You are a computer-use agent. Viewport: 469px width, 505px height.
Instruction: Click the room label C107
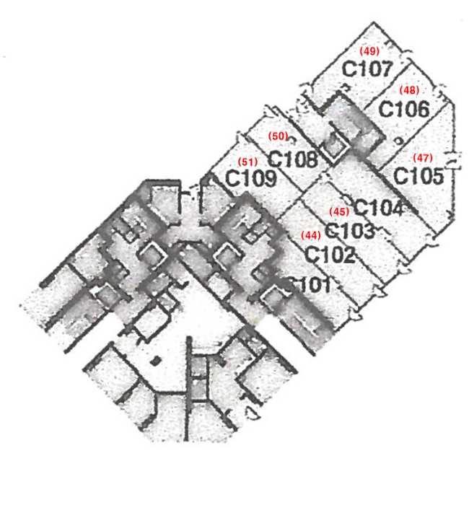click(x=367, y=69)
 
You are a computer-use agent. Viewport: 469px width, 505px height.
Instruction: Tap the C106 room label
click(x=404, y=109)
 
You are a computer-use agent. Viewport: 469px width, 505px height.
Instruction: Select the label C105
click(x=418, y=176)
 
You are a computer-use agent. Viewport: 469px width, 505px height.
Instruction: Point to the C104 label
click(x=379, y=208)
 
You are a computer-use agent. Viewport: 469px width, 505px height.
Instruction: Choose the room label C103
click(x=350, y=229)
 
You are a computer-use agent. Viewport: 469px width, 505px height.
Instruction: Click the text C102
click(x=330, y=254)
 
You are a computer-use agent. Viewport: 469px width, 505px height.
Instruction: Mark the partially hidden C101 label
click(x=309, y=284)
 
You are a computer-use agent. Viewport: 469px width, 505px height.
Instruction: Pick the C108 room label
click(x=292, y=159)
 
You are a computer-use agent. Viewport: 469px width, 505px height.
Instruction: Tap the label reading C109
click(x=251, y=178)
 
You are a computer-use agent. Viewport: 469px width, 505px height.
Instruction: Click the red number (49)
click(x=369, y=51)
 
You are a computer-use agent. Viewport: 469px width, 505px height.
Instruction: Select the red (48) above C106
click(x=409, y=90)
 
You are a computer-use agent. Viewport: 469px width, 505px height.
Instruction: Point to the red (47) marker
click(x=423, y=158)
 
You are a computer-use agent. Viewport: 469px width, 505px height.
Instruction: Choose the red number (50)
click(x=279, y=136)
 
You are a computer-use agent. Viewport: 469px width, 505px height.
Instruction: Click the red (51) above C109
click(x=247, y=162)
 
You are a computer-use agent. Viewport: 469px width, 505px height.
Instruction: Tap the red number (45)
click(x=339, y=211)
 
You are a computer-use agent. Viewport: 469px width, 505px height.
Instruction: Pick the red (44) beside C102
click(x=311, y=235)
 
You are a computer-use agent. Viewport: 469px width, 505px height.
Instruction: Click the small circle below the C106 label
click(x=399, y=141)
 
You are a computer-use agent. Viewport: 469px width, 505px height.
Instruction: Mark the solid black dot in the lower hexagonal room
click(x=156, y=361)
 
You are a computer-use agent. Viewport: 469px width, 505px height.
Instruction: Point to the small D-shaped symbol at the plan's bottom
click(x=253, y=413)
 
